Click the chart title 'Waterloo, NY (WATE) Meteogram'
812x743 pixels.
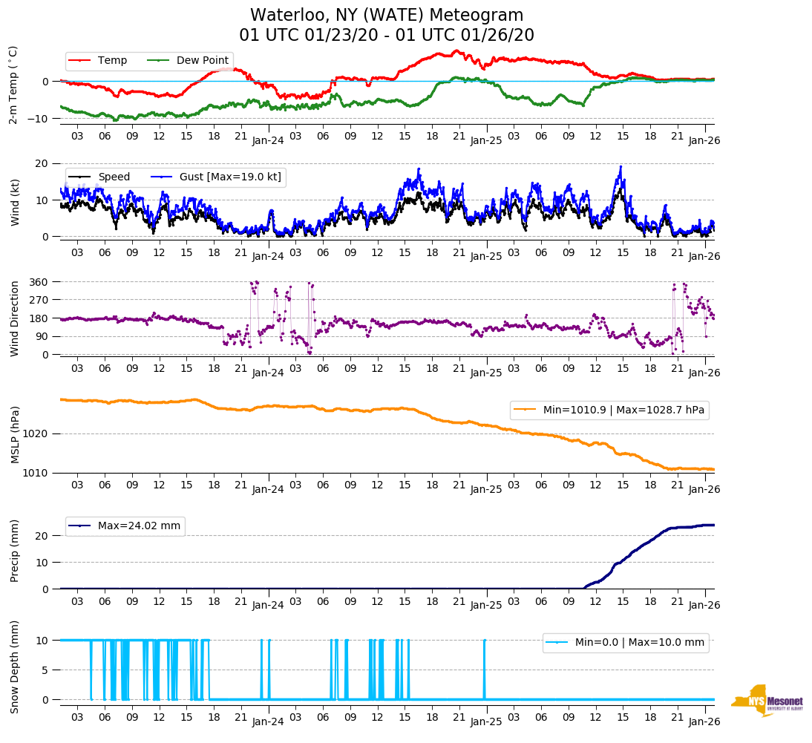coord(386,16)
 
